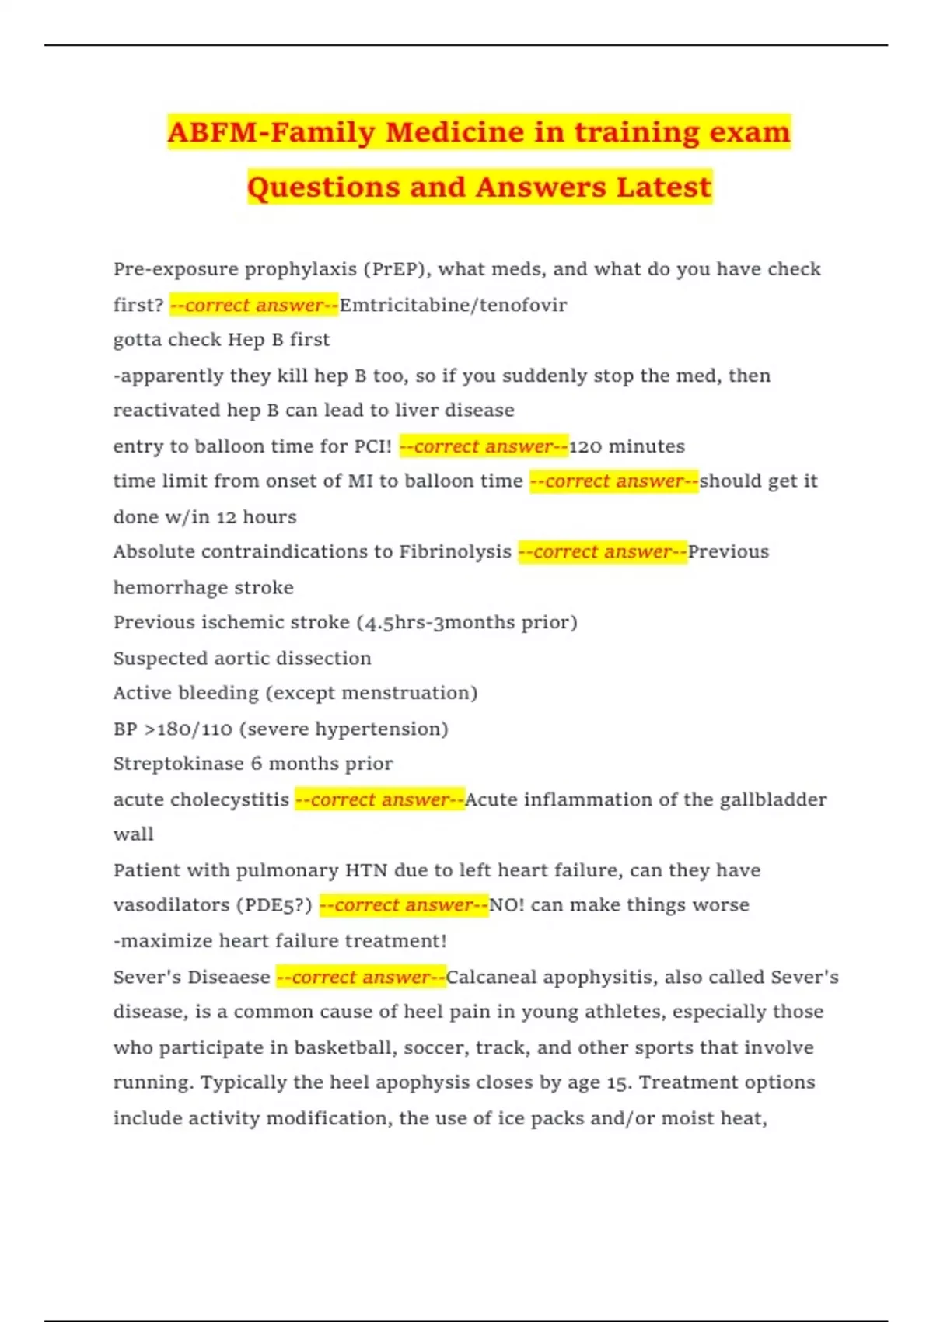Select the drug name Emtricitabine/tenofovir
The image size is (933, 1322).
[453, 305]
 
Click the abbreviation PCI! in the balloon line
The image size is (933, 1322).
[372, 446]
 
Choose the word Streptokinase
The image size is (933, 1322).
[178, 764]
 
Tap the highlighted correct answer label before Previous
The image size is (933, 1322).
[603, 552]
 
